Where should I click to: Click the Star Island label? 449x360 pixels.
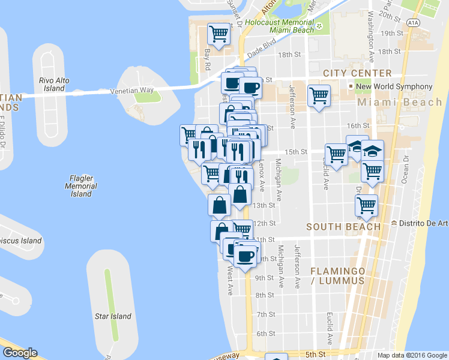click(x=112, y=316)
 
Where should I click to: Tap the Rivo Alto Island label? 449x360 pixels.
click(x=51, y=84)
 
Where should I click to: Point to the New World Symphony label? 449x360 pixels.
click(x=394, y=86)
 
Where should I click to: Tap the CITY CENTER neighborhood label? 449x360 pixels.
click(x=357, y=73)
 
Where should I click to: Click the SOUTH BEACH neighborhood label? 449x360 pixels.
click(x=343, y=227)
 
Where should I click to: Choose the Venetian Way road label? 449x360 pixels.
click(x=132, y=91)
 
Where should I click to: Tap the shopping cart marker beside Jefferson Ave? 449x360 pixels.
click(x=319, y=95)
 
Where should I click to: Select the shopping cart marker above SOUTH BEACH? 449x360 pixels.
click(x=366, y=205)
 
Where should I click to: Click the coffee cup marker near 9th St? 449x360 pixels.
click(x=244, y=257)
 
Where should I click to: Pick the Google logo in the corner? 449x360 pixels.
click(x=19, y=353)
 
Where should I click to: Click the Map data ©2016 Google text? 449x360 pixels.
click(x=412, y=355)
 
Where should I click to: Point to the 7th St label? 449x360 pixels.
click(x=265, y=314)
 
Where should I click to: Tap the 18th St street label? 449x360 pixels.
click(x=289, y=55)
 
